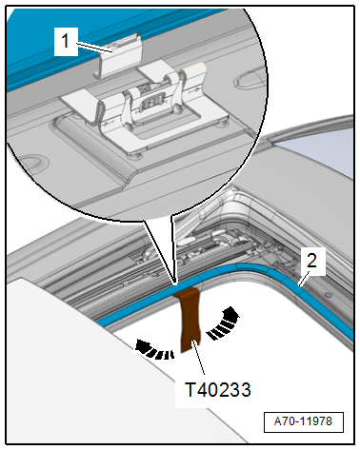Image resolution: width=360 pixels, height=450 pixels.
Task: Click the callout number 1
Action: pos(65,41)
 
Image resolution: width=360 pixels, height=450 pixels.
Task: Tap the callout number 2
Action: pos(311,261)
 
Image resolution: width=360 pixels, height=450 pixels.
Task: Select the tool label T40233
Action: pos(218,389)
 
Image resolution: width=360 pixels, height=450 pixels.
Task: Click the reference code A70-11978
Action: pos(303,421)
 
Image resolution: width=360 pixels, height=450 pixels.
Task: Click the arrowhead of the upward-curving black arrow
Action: pos(231,313)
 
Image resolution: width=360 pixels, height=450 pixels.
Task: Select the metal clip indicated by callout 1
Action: pos(119,57)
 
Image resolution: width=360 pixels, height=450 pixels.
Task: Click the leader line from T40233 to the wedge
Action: pos(198,358)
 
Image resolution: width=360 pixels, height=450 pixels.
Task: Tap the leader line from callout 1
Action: pos(94,47)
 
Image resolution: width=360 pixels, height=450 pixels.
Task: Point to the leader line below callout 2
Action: pos(302,281)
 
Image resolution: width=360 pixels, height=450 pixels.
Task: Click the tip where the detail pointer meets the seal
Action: pos(175,284)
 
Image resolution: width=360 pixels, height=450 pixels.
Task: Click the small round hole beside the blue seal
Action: pos(329,296)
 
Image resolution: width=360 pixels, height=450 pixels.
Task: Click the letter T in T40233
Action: pos(190,389)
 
